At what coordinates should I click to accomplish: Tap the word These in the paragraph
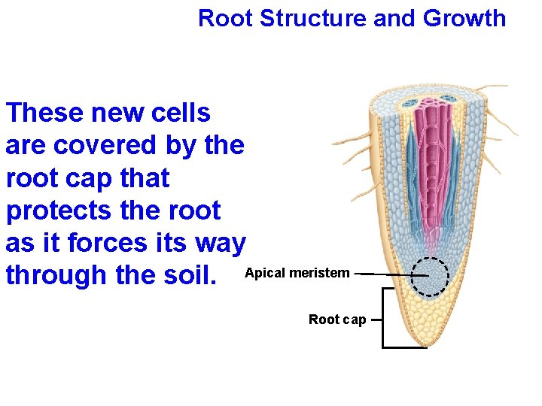[x=44, y=113]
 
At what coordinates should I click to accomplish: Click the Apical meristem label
[x=297, y=273]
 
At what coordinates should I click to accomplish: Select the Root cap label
[x=337, y=320]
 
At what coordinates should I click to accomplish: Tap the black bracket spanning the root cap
[x=384, y=320]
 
